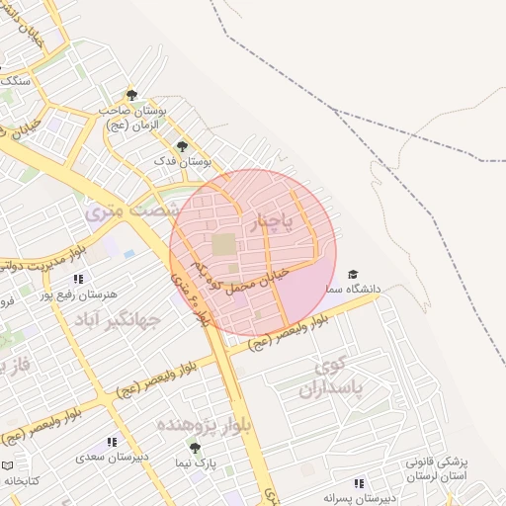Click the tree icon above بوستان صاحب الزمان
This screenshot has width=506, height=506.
point(131,95)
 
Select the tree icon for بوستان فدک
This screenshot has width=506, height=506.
point(181,145)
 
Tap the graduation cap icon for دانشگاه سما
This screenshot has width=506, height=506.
point(353,274)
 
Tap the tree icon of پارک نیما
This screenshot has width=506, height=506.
point(195,448)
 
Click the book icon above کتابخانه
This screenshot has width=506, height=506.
point(9,464)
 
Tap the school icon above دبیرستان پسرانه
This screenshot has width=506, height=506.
point(359,483)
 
